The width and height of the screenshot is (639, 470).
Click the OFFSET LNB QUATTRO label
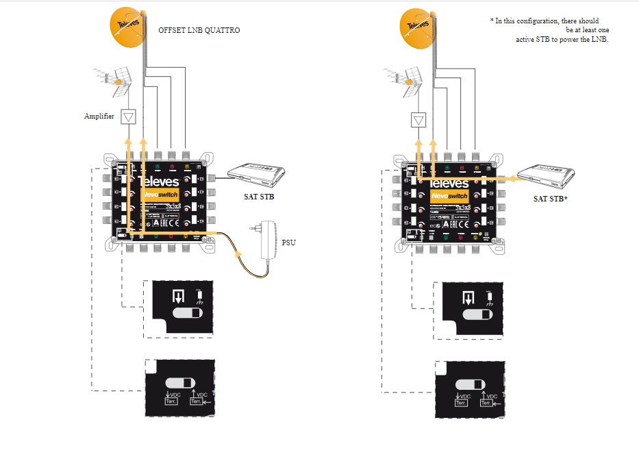199,31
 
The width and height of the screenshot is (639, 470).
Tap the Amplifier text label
99,116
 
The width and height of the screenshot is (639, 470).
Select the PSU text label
288,242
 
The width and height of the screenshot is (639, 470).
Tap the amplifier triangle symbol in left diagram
127,117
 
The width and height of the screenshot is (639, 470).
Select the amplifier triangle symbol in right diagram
418,121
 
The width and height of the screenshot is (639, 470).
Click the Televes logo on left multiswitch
159,181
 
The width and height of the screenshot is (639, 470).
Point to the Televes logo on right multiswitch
449,184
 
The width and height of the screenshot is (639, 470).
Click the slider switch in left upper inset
188,313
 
